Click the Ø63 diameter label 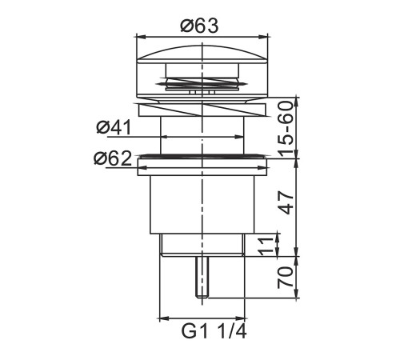tap(199, 26)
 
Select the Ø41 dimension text tap(114, 127)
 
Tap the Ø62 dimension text tap(113, 158)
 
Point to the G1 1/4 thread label tap(214, 331)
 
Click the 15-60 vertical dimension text tap(286, 129)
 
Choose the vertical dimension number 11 tap(267, 246)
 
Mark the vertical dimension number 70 tap(286, 278)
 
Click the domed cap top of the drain tap(202, 54)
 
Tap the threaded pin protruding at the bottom tap(202, 278)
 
